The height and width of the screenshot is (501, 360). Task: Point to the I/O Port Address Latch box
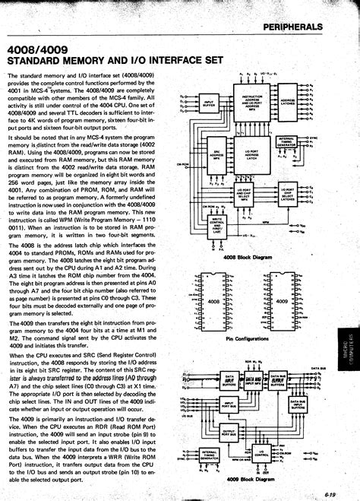point(251,155)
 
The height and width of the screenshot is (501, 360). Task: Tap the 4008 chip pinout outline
point(214,301)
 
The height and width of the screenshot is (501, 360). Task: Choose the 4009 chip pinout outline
point(281,301)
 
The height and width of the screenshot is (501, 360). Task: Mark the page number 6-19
point(331,493)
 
